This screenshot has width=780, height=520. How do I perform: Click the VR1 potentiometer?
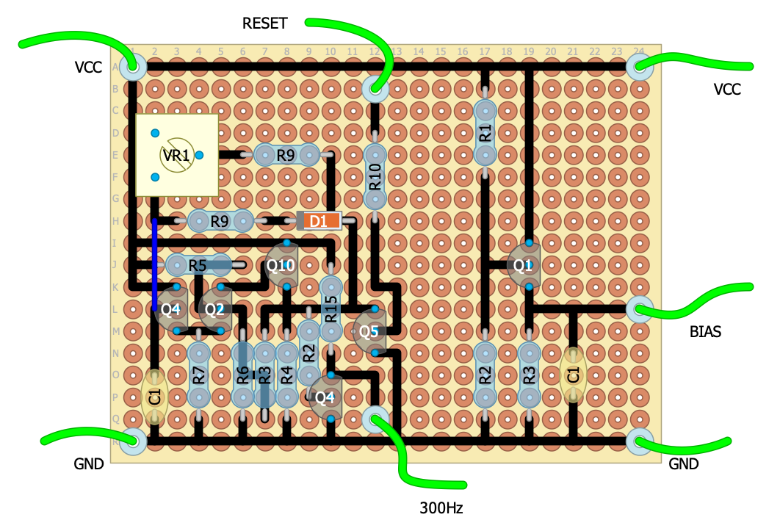(x=177, y=155)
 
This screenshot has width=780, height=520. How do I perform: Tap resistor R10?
(x=375, y=178)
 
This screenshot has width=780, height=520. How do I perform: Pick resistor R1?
(x=485, y=133)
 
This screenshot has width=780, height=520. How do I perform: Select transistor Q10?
(x=281, y=266)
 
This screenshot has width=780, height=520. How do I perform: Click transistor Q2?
(x=215, y=309)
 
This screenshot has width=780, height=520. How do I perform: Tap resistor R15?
(x=331, y=309)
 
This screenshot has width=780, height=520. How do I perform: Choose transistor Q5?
(x=369, y=331)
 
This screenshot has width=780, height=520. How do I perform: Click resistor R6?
(x=242, y=375)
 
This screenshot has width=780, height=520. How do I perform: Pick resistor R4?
(x=287, y=375)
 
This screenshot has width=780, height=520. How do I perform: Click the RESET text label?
(x=264, y=24)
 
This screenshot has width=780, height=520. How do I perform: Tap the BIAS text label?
(x=705, y=332)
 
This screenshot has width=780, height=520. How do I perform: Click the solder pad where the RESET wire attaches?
(x=375, y=89)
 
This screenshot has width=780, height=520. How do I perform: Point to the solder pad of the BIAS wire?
(x=639, y=309)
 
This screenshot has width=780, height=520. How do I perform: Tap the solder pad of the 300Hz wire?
(x=375, y=419)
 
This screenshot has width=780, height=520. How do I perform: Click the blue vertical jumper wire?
(x=155, y=264)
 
